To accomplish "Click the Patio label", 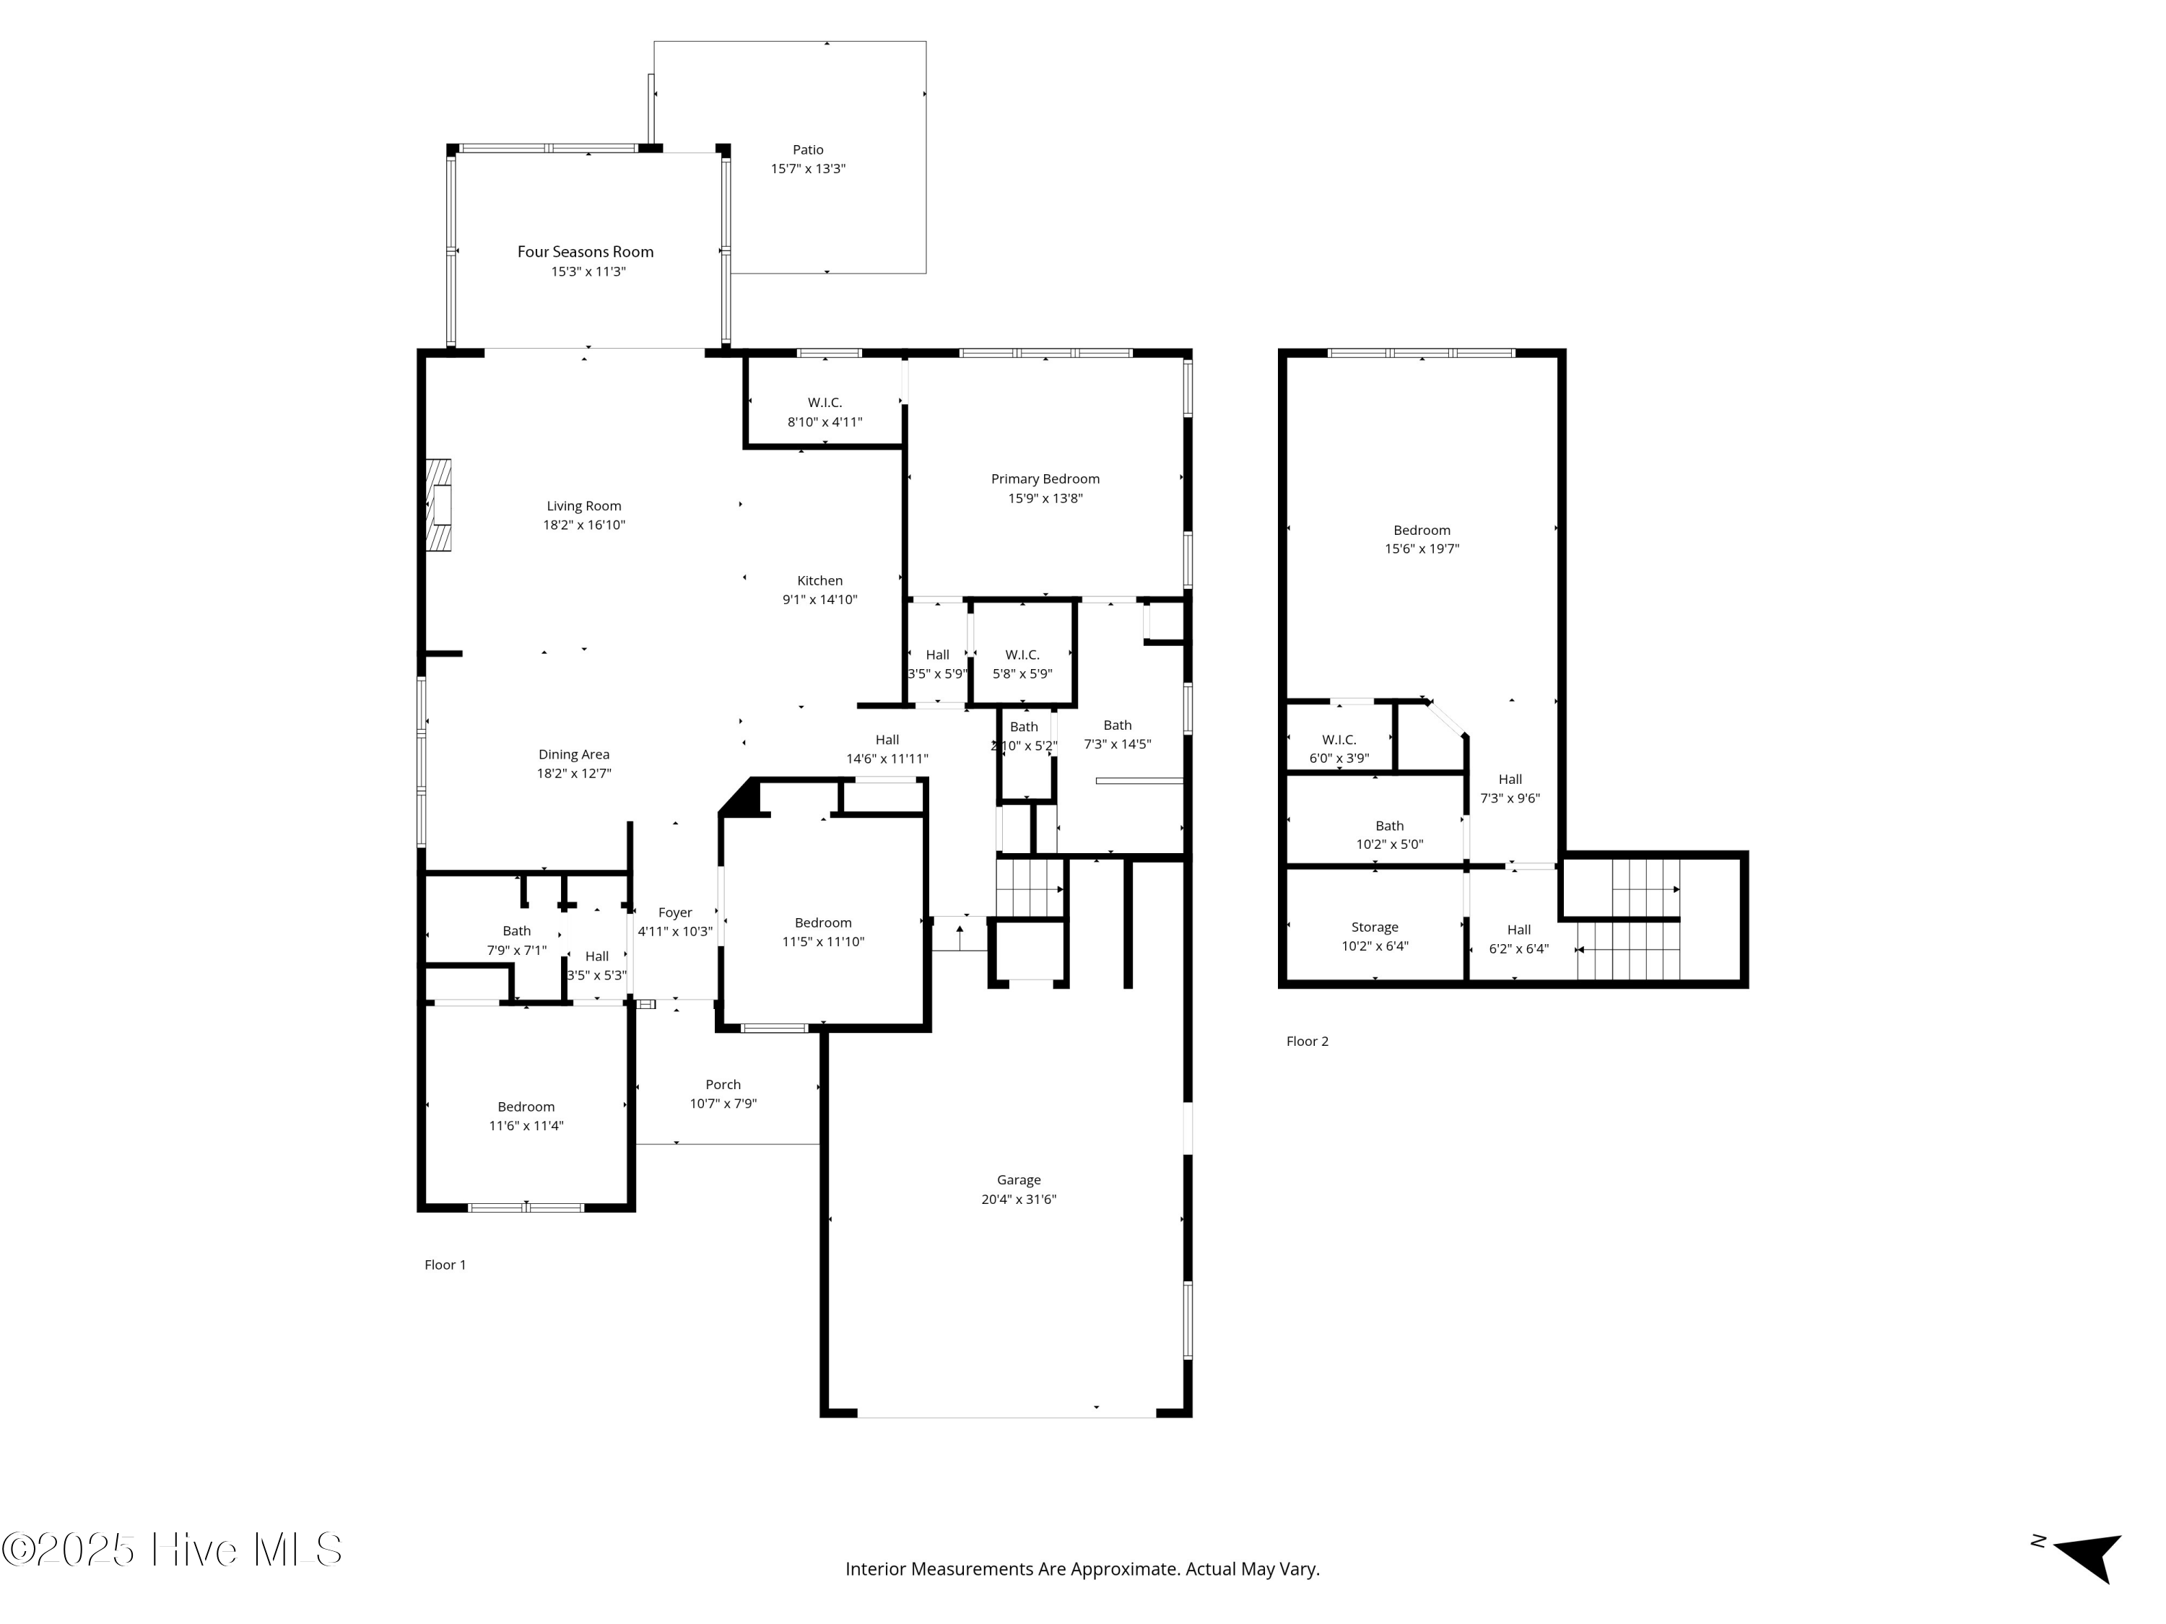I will pos(808,150).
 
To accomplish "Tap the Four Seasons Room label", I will pos(586,252).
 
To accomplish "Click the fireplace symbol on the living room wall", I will pos(439,506).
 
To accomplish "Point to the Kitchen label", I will pos(819,580).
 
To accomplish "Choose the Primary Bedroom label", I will pos(1045,479).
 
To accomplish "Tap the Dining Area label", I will pos(574,755).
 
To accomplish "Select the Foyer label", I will pos(674,912).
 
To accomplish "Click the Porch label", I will pos(723,1085).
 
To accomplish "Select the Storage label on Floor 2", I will pos(1375,927).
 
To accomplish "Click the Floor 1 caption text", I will pos(445,1265).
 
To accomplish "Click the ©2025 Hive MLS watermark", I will pos(171,1550).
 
